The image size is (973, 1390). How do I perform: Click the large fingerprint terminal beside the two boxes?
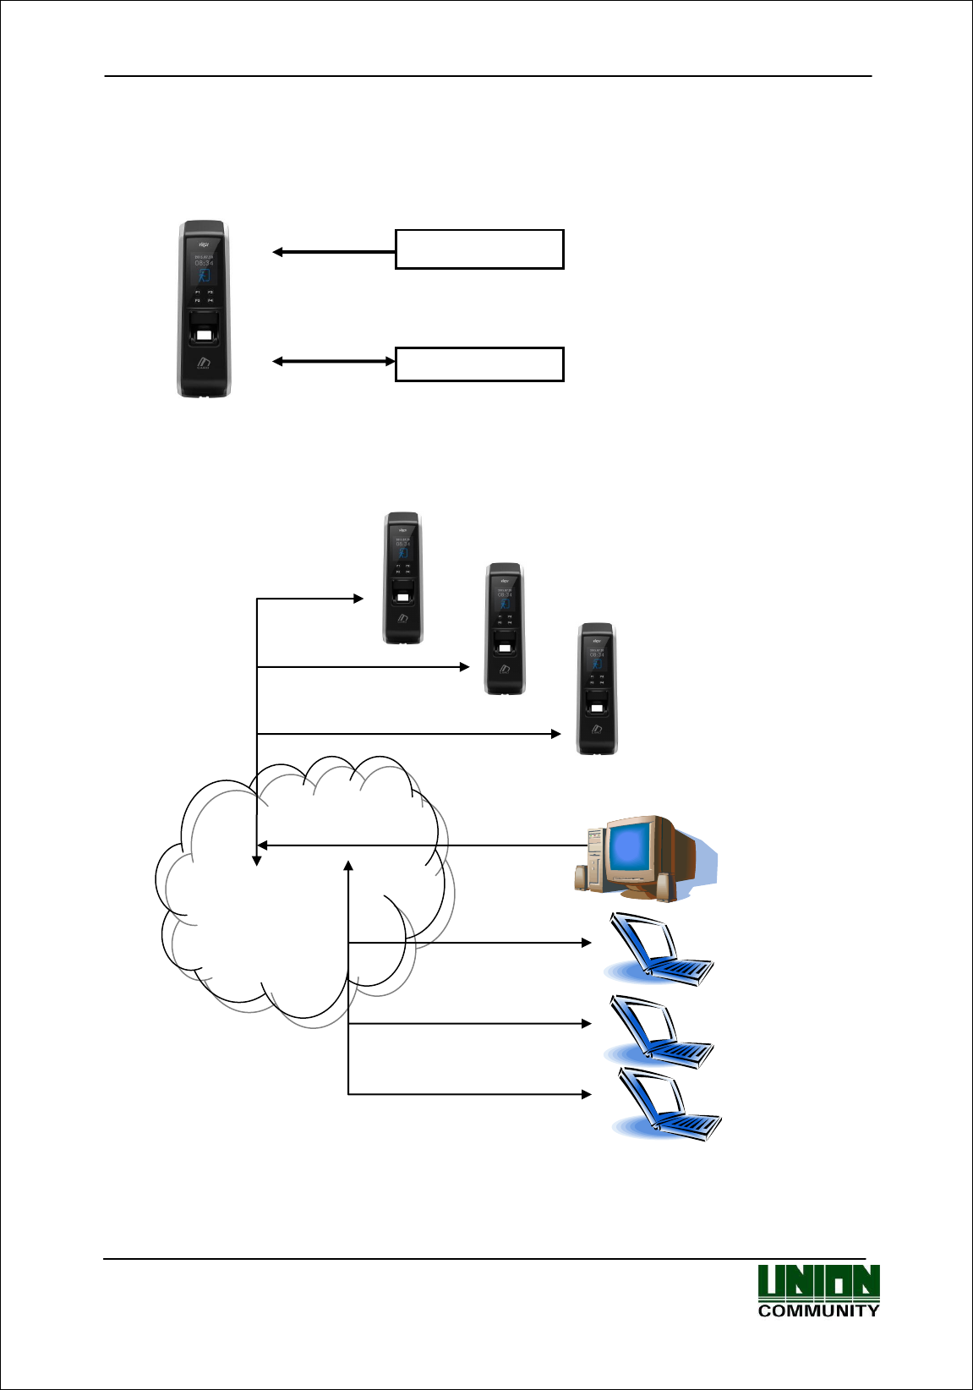point(204,309)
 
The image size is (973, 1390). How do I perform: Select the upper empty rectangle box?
point(479,249)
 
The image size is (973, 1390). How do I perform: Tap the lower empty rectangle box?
point(479,364)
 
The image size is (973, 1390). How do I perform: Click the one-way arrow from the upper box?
point(334,252)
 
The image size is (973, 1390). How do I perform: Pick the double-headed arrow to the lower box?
point(334,362)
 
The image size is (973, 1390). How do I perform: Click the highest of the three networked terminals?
point(403,577)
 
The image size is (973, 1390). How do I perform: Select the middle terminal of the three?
point(505,628)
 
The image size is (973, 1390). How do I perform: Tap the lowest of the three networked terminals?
point(597,688)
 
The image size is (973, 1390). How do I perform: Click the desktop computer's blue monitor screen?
point(629,848)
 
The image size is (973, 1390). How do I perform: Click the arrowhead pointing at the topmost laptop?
point(586,942)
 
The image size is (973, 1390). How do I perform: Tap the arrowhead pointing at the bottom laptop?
point(586,1094)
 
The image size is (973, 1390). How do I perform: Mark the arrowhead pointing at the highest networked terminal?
point(358,599)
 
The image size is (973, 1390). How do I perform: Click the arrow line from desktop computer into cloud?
point(423,845)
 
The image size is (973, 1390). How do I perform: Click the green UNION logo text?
point(818,1283)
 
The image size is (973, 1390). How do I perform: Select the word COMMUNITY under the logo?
point(818,1311)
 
